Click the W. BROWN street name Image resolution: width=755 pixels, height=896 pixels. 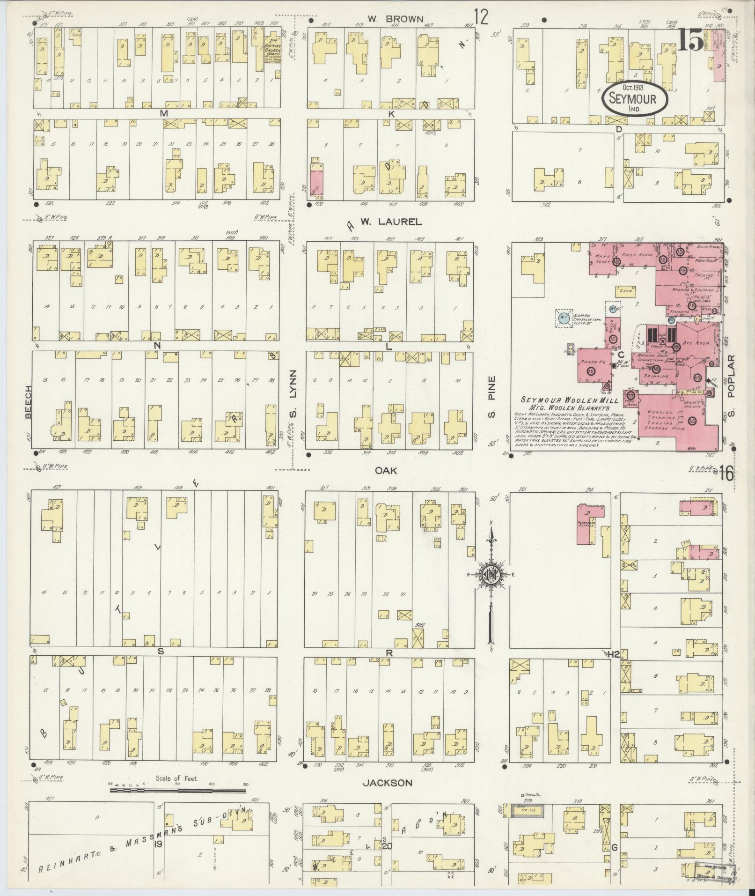395,19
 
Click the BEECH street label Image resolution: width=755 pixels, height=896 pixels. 28,402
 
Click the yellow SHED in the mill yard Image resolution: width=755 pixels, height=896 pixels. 625,290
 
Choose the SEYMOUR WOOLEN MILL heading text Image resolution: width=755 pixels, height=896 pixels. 569,401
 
